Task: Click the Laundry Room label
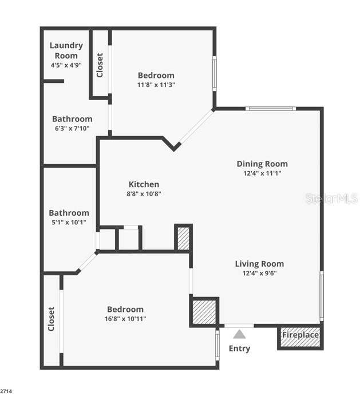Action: (66, 50)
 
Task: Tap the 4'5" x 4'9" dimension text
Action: (66, 65)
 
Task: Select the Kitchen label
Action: (144, 184)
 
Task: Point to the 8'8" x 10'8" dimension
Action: (144, 193)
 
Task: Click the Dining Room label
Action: (262, 164)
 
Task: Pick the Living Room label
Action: (259, 264)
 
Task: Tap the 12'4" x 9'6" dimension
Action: (259, 274)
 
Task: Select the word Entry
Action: (239, 349)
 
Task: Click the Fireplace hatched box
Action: (300, 338)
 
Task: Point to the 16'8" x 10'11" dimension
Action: (125, 319)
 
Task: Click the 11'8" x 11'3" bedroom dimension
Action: (156, 85)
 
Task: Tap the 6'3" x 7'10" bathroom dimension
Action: (72, 128)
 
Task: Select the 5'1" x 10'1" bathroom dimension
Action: (69, 222)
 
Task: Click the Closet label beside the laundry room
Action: (100, 65)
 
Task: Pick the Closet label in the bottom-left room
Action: (52, 319)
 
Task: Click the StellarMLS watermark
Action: (332, 198)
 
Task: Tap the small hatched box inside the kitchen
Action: (183, 237)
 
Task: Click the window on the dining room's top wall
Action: (271, 109)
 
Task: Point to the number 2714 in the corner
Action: (6, 391)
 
